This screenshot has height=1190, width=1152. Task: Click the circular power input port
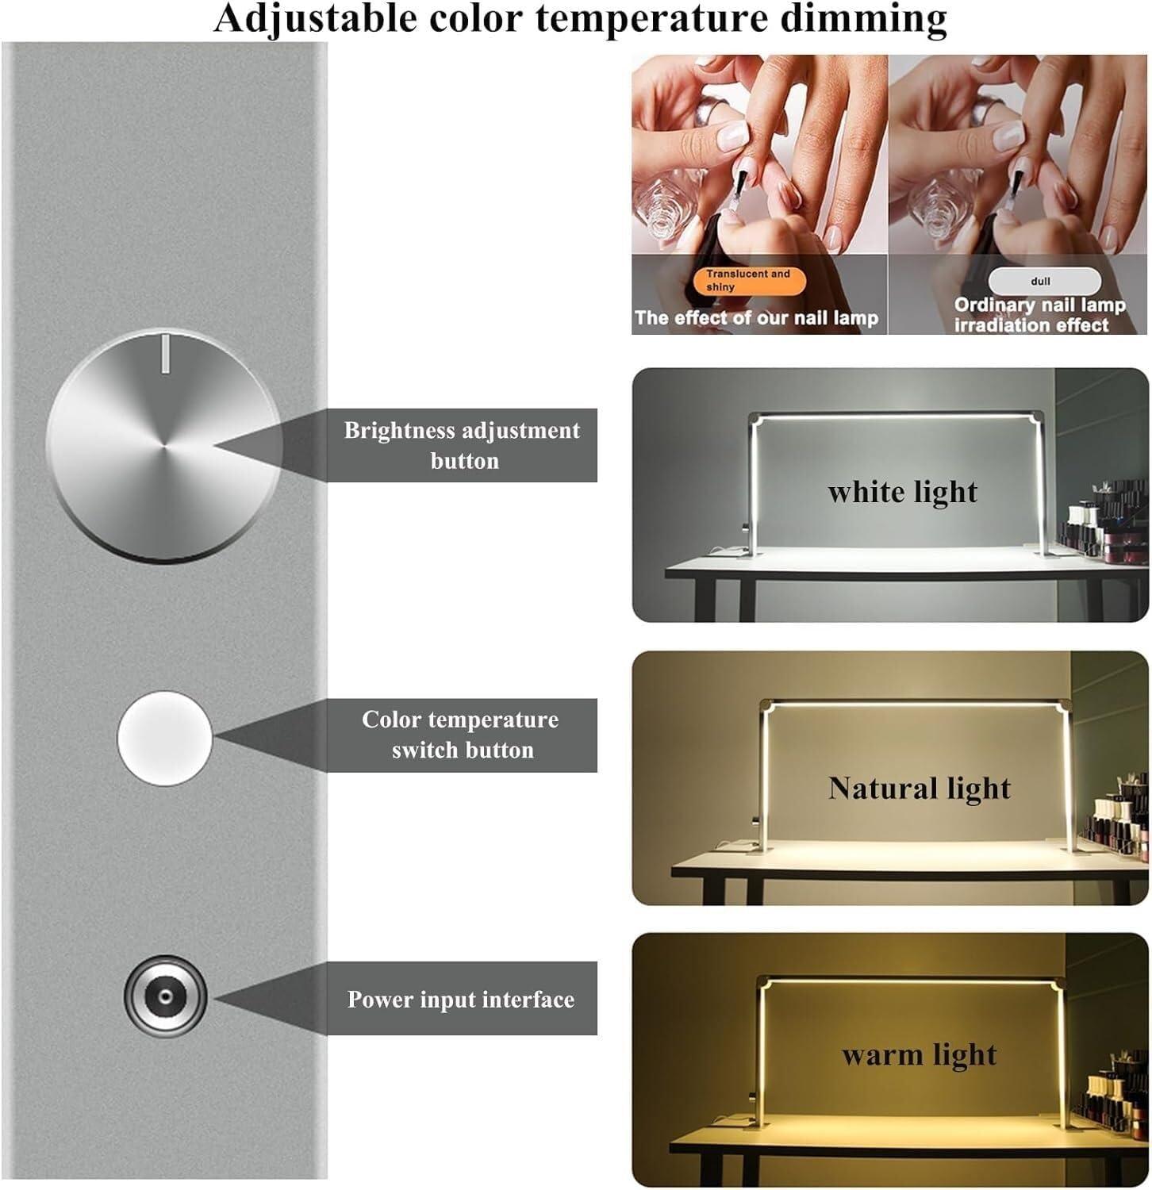[x=165, y=997]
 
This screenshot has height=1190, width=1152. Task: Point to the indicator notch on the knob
[x=164, y=354]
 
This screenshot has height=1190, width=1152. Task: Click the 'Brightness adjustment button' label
[x=462, y=445]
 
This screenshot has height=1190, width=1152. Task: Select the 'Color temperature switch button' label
[x=461, y=735]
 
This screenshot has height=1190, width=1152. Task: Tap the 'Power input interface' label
[x=461, y=999]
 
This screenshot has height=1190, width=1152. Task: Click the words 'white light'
[x=902, y=493]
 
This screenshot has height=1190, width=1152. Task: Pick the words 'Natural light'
[x=919, y=789]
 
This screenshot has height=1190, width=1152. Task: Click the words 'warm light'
[x=919, y=1055]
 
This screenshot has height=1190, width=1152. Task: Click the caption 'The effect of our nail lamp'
[x=756, y=319]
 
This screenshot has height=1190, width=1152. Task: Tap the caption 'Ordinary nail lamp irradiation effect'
[x=1039, y=315]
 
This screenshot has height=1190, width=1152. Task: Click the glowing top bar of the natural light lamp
[x=912, y=703]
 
